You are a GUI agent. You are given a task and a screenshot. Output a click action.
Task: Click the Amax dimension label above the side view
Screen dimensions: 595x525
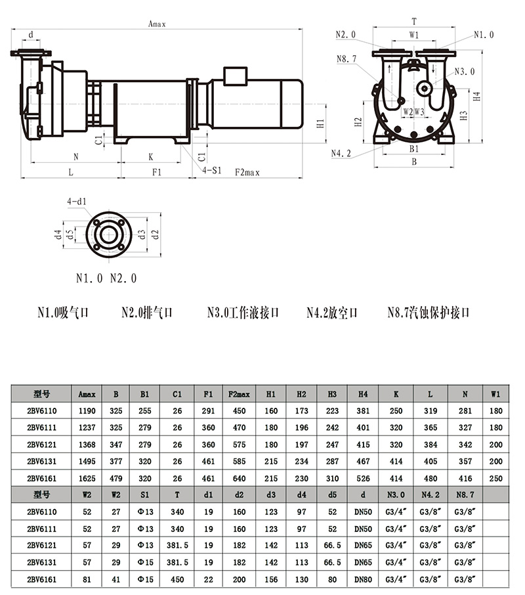tap(157, 24)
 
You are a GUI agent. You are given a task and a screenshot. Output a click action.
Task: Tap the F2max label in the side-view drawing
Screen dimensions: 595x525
tap(247, 172)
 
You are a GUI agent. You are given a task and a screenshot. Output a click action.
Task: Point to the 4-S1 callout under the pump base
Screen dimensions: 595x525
tap(211, 169)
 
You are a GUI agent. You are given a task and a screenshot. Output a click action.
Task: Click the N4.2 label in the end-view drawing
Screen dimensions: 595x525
tap(341, 153)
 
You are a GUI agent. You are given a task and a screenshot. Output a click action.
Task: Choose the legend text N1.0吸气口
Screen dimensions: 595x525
tap(62, 313)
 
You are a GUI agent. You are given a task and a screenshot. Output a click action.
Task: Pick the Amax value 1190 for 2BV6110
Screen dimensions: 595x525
tap(87, 410)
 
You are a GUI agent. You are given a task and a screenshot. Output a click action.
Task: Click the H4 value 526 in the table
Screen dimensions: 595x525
tap(363, 479)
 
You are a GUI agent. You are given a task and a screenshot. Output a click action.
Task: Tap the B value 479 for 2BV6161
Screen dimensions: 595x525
tap(116, 479)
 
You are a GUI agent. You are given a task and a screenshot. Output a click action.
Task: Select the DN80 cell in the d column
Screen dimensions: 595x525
tap(363, 580)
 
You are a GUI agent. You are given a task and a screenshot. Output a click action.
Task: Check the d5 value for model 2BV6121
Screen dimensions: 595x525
tap(332, 546)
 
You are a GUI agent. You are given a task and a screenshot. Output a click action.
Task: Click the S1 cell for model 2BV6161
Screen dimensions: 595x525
tap(144, 580)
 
